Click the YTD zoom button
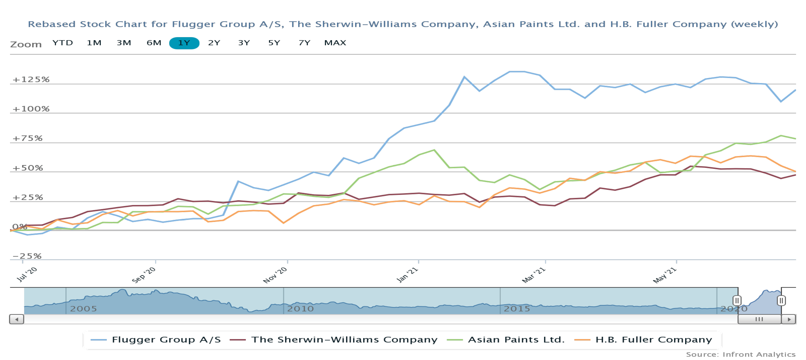[63, 43]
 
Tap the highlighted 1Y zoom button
[184, 43]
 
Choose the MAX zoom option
[335, 43]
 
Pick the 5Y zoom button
[274, 43]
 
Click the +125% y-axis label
[31, 79]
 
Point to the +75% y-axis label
[27, 138]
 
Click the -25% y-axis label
[27, 256]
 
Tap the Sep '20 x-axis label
[144, 275]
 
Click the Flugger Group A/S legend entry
[166, 340]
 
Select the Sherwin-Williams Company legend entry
[344, 340]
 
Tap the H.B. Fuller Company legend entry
[653, 340]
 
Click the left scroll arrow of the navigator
[17, 319]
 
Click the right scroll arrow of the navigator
[789, 319]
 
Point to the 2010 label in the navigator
[300, 309]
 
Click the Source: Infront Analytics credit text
[741, 354]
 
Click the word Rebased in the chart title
[52, 24]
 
